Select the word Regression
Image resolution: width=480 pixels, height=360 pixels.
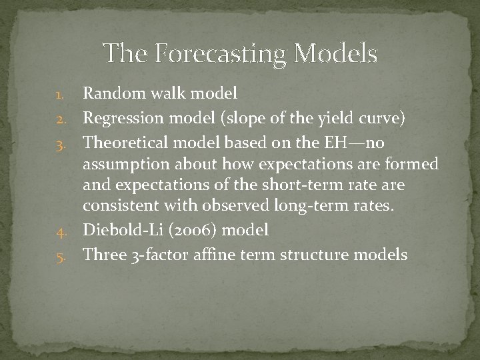point(119,119)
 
